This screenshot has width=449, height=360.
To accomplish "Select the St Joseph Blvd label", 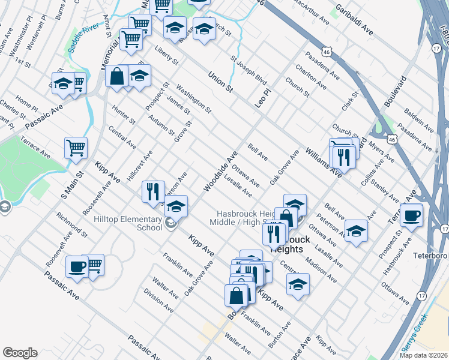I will tap(249, 70).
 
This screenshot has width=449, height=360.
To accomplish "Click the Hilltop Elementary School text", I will tap(128, 223).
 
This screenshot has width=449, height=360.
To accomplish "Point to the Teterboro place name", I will tap(432, 255).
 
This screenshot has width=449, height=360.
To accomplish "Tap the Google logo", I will tap(20, 353).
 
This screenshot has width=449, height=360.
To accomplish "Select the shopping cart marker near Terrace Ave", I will tap(76, 147).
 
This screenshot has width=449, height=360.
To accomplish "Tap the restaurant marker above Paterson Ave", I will tap(153, 191).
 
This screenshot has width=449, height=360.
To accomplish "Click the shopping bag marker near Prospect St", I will tap(116, 76).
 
